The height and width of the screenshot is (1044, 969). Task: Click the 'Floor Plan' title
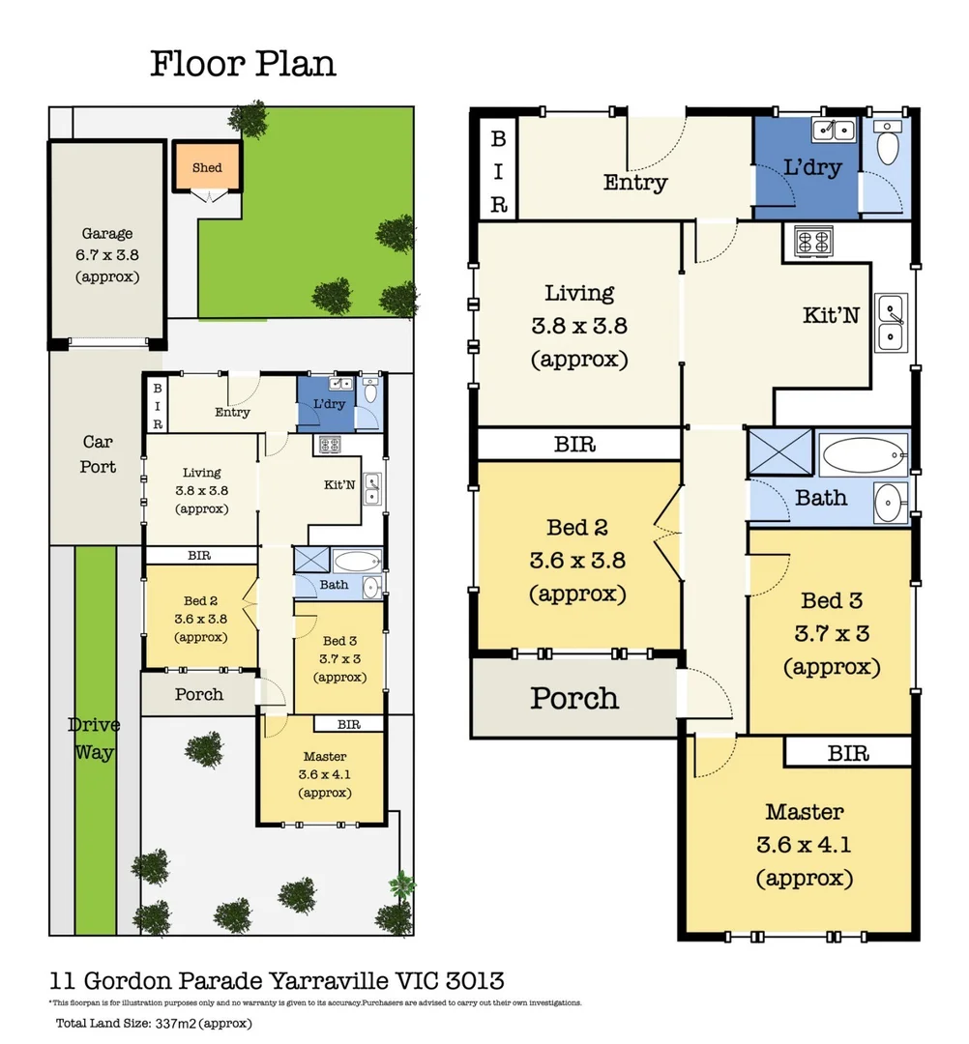[x=243, y=64]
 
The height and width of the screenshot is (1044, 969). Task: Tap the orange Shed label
[x=207, y=167]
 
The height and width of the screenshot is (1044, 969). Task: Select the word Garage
[x=106, y=233]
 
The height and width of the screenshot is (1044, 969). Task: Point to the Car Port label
[x=98, y=453]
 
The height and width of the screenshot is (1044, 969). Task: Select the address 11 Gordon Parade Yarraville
[x=277, y=981]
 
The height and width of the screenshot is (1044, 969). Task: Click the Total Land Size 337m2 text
[x=155, y=1024]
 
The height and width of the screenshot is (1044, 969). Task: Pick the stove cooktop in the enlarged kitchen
[x=814, y=240]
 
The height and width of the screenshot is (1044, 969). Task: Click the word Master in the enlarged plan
[x=804, y=811]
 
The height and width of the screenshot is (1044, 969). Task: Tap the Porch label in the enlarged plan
[x=573, y=697]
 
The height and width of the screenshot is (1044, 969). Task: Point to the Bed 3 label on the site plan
[x=340, y=640]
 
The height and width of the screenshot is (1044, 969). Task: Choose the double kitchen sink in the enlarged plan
[x=891, y=322]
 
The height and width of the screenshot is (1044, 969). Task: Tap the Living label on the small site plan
[x=201, y=473]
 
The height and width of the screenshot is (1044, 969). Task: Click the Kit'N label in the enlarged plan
[x=831, y=315]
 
